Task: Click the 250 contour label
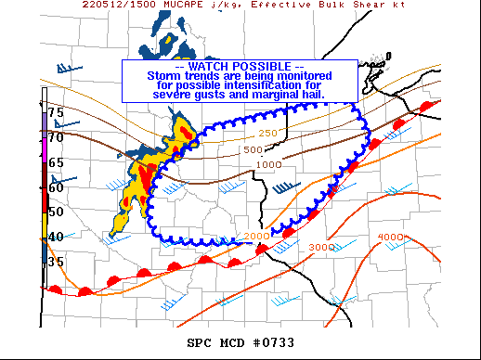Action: (x=268, y=134)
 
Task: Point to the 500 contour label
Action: (x=253, y=149)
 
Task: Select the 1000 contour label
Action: (x=269, y=164)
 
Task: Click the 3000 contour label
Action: (x=320, y=248)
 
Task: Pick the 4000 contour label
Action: (x=391, y=238)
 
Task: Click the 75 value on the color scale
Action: (x=56, y=112)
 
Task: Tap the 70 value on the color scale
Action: (x=56, y=137)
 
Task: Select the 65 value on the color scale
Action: (x=56, y=162)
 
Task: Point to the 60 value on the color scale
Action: (x=56, y=187)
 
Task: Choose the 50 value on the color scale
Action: (x=56, y=212)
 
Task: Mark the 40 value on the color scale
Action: (x=56, y=238)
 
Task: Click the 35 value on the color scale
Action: (x=56, y=263)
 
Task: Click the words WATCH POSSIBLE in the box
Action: (x=240, y=67)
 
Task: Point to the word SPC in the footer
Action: (x=201, y=343)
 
